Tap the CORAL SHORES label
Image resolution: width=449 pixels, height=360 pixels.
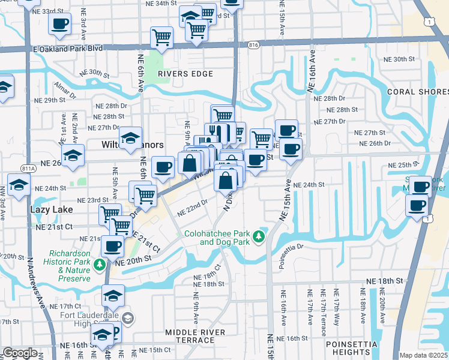[418, 92]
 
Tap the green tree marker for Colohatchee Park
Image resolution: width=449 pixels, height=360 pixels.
[259, 238]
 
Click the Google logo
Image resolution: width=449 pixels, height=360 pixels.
[20, 353]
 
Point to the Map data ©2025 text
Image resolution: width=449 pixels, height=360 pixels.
[423, 355]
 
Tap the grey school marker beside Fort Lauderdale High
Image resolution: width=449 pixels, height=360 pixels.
[127, 317]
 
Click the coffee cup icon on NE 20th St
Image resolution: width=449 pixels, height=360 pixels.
[112, 245]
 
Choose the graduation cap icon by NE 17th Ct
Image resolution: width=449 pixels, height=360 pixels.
[112, 294]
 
